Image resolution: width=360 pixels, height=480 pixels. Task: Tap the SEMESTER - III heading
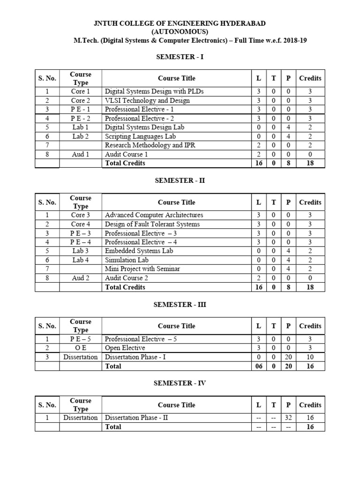(180, 304)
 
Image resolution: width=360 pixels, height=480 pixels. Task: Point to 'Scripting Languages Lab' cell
(140, 136)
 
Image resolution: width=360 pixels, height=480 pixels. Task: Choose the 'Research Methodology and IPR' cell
(150, 145)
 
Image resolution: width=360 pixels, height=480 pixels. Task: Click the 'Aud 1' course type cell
(81, 154)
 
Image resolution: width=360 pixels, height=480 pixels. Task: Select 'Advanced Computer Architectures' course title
(154, 215)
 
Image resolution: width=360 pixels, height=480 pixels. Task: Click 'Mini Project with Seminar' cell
(142, 269)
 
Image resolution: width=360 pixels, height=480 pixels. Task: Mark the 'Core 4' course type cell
(81, 224)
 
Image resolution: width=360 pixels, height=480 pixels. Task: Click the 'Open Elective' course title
(125, 348)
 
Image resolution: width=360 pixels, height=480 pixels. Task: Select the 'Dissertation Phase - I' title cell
(135, 357)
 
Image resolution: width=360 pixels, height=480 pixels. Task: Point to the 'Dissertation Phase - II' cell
(136, 418)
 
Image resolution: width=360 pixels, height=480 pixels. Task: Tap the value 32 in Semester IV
(288, 418)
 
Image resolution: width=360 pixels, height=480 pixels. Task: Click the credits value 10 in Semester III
(310, 357)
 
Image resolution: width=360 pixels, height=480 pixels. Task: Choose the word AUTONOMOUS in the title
(180, 32)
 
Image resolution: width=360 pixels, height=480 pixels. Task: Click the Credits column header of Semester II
(310, 202)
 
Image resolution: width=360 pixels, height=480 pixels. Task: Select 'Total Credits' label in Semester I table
(125, 163)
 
